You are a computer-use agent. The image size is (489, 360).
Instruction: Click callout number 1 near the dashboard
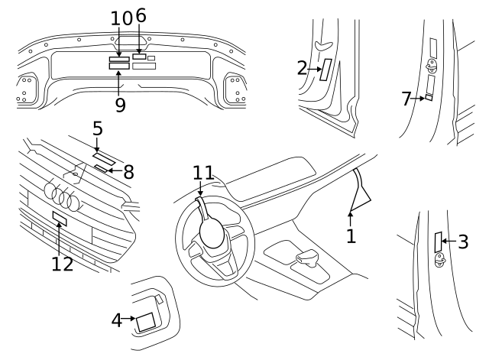pos(351,235)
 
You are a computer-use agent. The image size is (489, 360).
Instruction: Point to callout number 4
pos(116,319)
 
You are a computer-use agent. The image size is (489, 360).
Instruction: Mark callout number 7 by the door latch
pos(406,97)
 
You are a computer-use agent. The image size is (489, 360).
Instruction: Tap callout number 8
pos(128,172)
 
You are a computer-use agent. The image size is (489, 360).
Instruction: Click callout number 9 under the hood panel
pos(120,105)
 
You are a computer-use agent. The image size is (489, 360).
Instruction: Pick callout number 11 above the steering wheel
pos(203,174)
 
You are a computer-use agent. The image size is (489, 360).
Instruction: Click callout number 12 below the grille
pos(63,264)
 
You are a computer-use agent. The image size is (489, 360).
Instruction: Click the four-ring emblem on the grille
pos(62,196)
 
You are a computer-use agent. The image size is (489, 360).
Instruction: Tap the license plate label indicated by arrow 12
pos(60,220)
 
